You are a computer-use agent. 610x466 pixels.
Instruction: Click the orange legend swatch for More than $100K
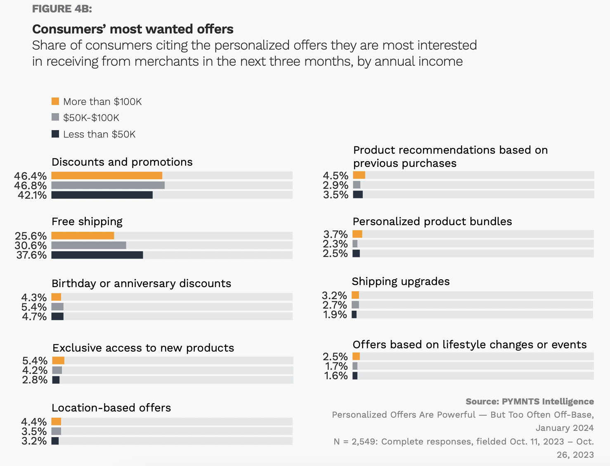click(x=55, y=101)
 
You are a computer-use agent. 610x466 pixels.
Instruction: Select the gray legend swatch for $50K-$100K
click(x=55, y=117)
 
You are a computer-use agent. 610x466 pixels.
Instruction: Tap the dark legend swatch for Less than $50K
click(x=55, y=134)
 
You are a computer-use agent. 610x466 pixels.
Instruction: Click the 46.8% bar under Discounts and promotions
click(x=108, y=185)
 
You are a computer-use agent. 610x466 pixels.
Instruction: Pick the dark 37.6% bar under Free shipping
click(x=97, y=255)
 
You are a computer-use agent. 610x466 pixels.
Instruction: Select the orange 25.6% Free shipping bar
click(x=83, y=235)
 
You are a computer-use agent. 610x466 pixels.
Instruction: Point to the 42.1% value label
click(x=32, y=195)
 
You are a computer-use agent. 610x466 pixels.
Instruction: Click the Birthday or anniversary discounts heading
click(x=141, y=283)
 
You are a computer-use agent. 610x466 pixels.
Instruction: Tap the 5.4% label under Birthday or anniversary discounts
click(x=34, y=307)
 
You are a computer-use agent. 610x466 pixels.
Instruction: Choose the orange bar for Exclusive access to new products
click(x=58, y=360)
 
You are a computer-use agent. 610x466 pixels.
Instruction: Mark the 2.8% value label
click(x=35, y=380)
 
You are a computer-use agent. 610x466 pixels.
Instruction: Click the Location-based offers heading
click(x=111, y=408)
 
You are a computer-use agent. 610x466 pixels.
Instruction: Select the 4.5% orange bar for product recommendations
click(x=359, y=175)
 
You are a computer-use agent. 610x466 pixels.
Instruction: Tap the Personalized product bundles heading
click(x=432, y=221)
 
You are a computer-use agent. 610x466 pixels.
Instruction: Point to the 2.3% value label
click(x=335, y=244)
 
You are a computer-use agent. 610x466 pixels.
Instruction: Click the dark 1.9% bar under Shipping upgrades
click(x=354, y=314)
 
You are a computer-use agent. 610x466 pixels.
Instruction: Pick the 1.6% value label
click(x=336, y=376)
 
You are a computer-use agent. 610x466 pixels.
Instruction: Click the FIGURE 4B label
click(x=62, y=9)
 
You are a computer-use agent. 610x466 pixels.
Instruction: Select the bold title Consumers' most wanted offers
click(x=132, y=29)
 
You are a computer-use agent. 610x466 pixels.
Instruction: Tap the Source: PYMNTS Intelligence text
click(x=530, y=402)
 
